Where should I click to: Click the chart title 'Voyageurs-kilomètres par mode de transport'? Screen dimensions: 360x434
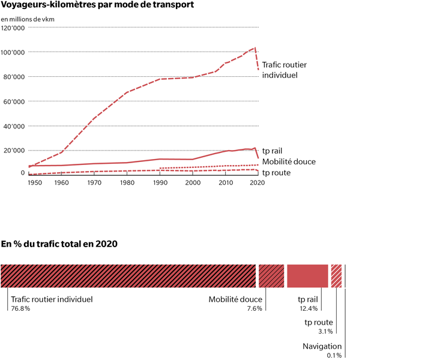click(98, 5)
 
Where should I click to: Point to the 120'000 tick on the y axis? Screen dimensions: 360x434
click(13, 28)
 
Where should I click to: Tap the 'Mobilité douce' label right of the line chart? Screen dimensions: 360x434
click(289, 161)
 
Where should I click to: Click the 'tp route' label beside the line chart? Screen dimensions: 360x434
click(277, 173)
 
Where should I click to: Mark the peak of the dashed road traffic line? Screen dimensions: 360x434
click(255, 47)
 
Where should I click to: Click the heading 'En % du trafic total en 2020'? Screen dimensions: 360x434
click(59, 244)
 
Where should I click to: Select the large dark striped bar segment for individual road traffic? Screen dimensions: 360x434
click(128, 275)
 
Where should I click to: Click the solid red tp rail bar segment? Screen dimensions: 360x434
click(307, 275)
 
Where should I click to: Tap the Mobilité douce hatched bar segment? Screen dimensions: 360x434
click(271, 275)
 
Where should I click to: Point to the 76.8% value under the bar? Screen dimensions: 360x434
click(20, 308)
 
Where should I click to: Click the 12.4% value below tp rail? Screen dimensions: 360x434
click(308, 308)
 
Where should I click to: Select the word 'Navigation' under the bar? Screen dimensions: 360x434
click(322, 346)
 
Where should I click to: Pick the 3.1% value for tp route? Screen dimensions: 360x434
click(325, 331)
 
